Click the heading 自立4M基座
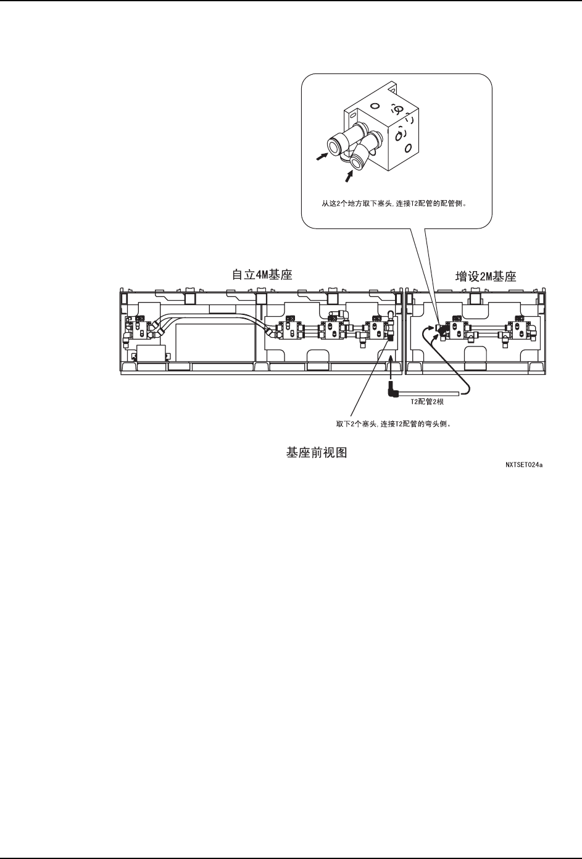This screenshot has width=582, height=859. [261, 274]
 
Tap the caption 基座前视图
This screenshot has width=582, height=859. [316, 453]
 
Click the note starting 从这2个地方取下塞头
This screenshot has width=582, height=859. [393, 202]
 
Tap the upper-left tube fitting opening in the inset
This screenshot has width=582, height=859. [333, 146]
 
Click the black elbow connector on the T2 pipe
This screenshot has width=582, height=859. [391, 390]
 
